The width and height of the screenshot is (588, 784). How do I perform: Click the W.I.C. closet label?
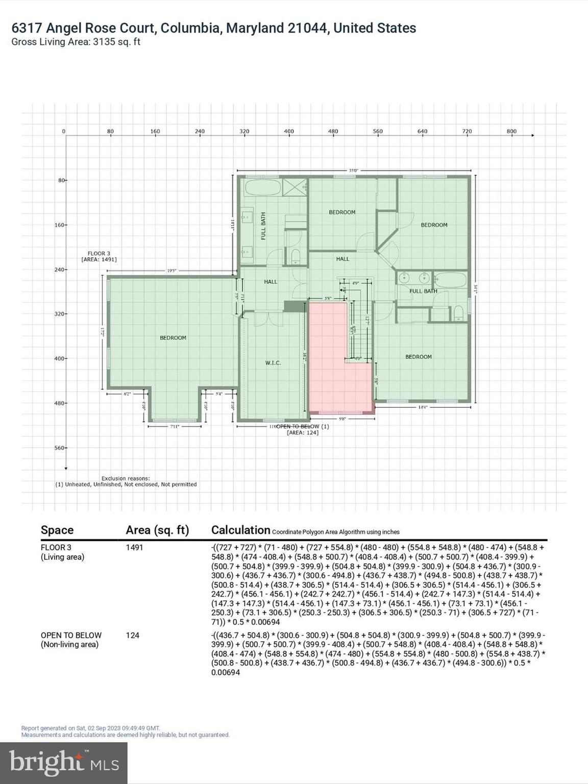coord(273,363)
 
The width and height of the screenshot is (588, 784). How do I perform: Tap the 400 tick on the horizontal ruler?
coord(289,132)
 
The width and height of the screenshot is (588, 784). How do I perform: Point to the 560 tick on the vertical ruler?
coord(60,448)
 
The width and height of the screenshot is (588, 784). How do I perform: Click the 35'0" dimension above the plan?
coord(353,170)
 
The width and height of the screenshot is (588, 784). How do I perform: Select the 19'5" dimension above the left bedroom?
coord(171,271)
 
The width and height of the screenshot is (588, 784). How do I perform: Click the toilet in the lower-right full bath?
coord(459,313)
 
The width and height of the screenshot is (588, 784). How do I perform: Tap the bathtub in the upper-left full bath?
coord(262,187)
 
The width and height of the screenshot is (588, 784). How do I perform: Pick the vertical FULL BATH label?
coord(263,226)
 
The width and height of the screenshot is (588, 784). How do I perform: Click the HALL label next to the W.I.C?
coord(271,282)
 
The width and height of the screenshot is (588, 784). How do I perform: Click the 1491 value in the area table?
coord(134,548)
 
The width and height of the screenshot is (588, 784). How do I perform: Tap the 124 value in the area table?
coord(132,635)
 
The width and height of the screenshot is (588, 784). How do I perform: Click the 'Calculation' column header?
coord(240,530)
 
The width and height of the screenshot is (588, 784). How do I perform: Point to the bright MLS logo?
coord(64,763)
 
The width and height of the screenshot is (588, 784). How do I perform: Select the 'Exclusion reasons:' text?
coord(126,478)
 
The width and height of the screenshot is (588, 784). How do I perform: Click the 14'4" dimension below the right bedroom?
coord(422,407)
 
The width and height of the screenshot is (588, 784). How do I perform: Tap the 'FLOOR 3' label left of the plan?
coord(99,253)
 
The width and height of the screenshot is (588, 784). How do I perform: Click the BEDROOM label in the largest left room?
coord(173,338)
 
